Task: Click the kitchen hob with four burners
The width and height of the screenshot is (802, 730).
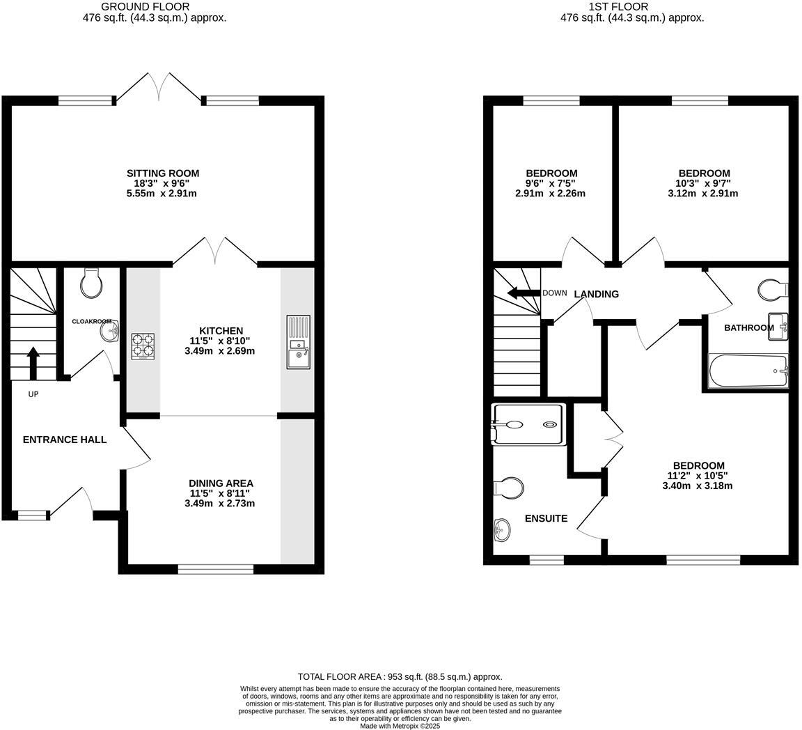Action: pyautogui.click(x=143, y=346)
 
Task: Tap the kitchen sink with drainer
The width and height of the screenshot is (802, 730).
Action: pyautogui.click(x=298, y=342)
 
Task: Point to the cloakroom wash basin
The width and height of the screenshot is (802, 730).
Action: pyautogui.click(x=110, y=332)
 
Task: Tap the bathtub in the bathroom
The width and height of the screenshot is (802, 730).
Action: pyautogui.click(x=748, y=371)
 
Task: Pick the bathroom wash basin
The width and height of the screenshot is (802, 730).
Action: pyautogui.click(x=778, y=327)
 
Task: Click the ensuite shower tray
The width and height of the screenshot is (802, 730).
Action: pyautogui.click(x=528, y=424)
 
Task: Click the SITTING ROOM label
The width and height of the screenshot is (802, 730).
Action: pyautogui.click(x=163, y=173)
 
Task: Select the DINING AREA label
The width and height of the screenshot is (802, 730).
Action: pyautogui.click(x=221, y=483)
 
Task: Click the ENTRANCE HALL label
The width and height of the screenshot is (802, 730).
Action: pyautogui.click(x=65, y=440)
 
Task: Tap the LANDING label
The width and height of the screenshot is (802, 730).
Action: pyautogui.click(x=596, y=294)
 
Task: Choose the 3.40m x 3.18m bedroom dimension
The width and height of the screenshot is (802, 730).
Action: pyautogui.click(x=697, y=486)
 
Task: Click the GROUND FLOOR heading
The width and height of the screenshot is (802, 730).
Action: pyautogui.click(x=135, y=6)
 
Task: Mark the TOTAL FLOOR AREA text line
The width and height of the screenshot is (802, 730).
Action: pyautogui.click(x=400, y=676)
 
